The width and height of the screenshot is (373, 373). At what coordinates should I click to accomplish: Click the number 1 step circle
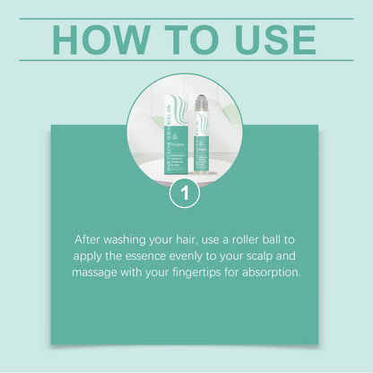click(x=185, y=193)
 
